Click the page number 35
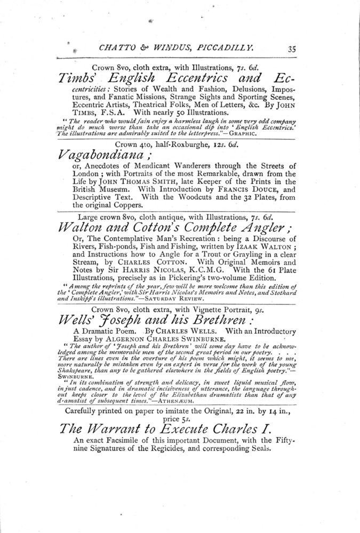(x=292, y=49)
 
